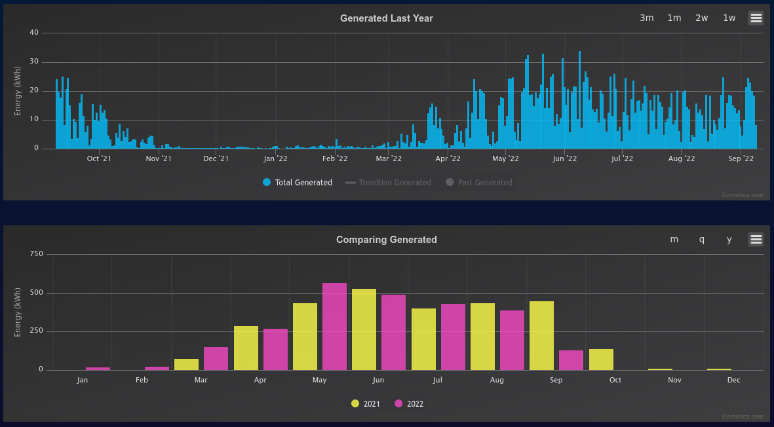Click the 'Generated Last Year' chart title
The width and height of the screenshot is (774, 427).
point(387,18)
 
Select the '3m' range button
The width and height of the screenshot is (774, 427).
point(647,18)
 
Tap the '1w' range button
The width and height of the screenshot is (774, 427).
point(729,18)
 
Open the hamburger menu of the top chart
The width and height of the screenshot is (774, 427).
point(756,18)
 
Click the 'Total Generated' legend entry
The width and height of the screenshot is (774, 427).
point(298,183)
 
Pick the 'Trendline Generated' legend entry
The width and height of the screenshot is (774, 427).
point(388,183)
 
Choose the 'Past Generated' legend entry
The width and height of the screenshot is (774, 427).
point(479,183)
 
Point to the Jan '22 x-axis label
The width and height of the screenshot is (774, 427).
point(275,158)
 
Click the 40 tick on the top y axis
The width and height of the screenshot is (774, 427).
point(34,33)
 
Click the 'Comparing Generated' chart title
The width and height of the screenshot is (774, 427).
point(387,240)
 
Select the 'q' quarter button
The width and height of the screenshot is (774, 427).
point(701,240)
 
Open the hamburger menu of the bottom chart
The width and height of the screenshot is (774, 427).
point(756,240)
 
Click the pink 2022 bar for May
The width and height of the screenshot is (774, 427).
point(335,326)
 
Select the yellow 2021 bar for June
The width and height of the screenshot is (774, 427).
point(364,329)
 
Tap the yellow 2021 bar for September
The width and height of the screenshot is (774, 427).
point(541,336)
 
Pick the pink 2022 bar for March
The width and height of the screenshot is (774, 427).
point(216,358)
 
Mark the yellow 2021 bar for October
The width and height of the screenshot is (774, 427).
point(601,360)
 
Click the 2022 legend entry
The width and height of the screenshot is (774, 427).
point(409,404)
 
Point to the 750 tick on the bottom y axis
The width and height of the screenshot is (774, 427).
point(37,254)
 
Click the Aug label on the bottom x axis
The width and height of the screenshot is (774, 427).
point(497,380)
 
